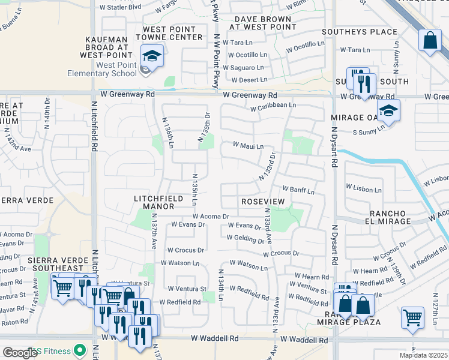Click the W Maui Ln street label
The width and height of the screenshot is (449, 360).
[x=248, y=146]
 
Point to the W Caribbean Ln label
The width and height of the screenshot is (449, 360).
[x=273, y=105]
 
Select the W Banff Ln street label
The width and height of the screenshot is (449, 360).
[x=298, y=190]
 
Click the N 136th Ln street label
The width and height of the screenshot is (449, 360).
[x=167, y=133]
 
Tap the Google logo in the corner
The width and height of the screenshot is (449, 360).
[x=20, y=353]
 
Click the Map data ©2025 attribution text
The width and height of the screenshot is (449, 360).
[x=424, y=355]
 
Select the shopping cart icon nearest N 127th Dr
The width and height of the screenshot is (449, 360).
[x=412, y=318]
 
